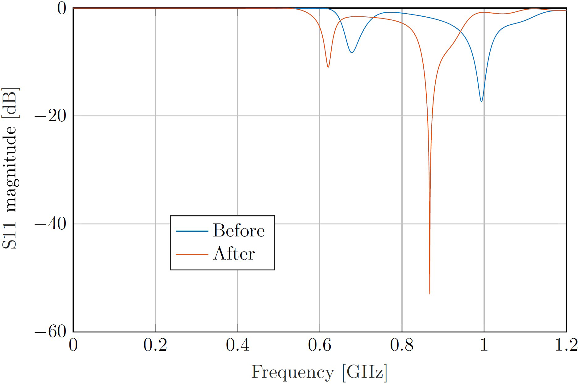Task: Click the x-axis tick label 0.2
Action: (x=155, y=345)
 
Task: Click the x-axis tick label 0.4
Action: (x=237, y=345)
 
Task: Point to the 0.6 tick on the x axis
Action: (x=320, y=345)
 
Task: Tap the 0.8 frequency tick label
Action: (x=402, y=345)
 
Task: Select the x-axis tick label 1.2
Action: (x=566, y=345)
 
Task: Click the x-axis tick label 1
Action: (x=484, y=345)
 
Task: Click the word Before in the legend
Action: (x=239, y=231)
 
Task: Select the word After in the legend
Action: (x=234, y=254)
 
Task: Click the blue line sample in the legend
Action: (x=192, y=231)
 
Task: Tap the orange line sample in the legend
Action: (x=192, y=254)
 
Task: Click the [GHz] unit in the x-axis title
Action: (x=365, y=372)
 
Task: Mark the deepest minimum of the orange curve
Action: (x=429, y=293)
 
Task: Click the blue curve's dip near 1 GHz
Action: (x=481, y=101)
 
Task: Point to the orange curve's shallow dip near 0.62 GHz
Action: (x=328, y=67)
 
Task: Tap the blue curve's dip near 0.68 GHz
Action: (x=352, y=52)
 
